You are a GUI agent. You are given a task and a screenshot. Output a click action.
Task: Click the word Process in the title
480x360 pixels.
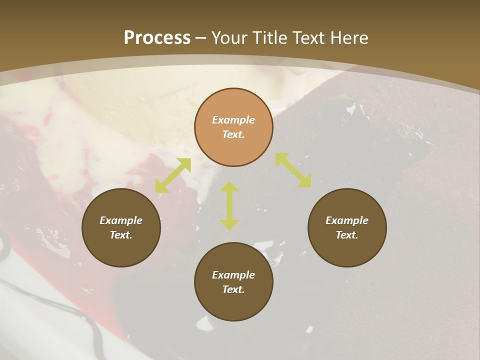(x=157, y=38)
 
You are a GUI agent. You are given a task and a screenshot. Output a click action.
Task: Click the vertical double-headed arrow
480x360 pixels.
(x=229, y=205)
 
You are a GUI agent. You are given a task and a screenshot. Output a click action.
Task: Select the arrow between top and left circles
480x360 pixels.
(x=173, y=175)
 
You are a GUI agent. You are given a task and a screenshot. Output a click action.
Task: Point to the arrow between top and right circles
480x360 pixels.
(x=293, y=170)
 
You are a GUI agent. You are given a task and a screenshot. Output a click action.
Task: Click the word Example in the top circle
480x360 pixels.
(x=233, y=120)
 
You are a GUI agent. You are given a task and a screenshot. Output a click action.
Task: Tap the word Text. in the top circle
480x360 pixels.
(x=233, y=134)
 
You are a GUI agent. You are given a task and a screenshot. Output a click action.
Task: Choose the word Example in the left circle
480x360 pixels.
(x=121, y=220)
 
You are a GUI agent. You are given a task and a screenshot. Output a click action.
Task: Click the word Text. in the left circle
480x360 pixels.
(x=121, y=235)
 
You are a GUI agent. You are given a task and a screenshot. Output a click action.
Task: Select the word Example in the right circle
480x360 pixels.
(x=347, y=220)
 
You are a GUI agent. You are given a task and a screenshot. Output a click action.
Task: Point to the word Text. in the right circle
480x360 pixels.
(x=347, y=235)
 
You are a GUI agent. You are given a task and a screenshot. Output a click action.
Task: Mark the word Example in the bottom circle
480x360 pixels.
(x=233, y=275)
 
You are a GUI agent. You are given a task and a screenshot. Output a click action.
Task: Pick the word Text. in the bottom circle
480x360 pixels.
(x=233, y=289)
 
